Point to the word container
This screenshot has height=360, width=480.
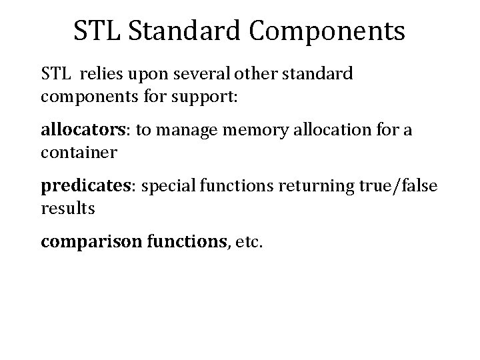point(79,153)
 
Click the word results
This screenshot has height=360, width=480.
point(68,209)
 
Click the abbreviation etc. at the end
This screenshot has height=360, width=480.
point(249,243)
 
